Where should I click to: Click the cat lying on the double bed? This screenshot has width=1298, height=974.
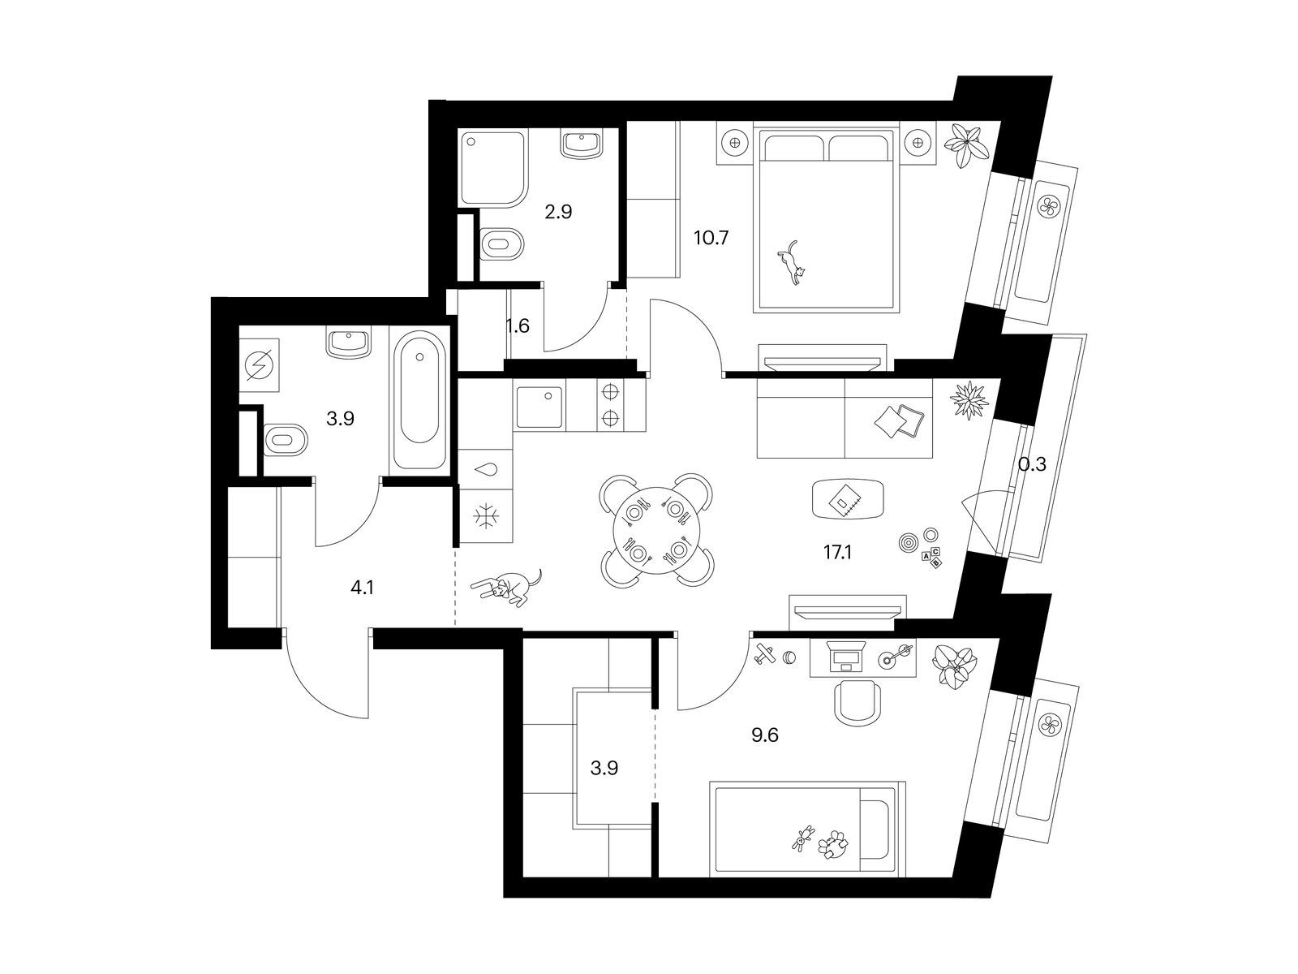791,263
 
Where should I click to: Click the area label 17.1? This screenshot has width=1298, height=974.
837,553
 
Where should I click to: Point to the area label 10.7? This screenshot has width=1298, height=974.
711,238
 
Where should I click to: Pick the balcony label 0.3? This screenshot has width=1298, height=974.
1032,465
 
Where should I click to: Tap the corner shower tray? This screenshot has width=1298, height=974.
492,169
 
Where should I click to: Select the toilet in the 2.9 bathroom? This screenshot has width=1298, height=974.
501,243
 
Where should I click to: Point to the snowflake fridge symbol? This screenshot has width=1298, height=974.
486,516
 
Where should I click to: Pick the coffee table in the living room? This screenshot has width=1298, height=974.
849,498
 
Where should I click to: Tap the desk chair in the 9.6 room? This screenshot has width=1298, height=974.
856,703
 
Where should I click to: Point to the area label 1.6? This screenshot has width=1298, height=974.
518,325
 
